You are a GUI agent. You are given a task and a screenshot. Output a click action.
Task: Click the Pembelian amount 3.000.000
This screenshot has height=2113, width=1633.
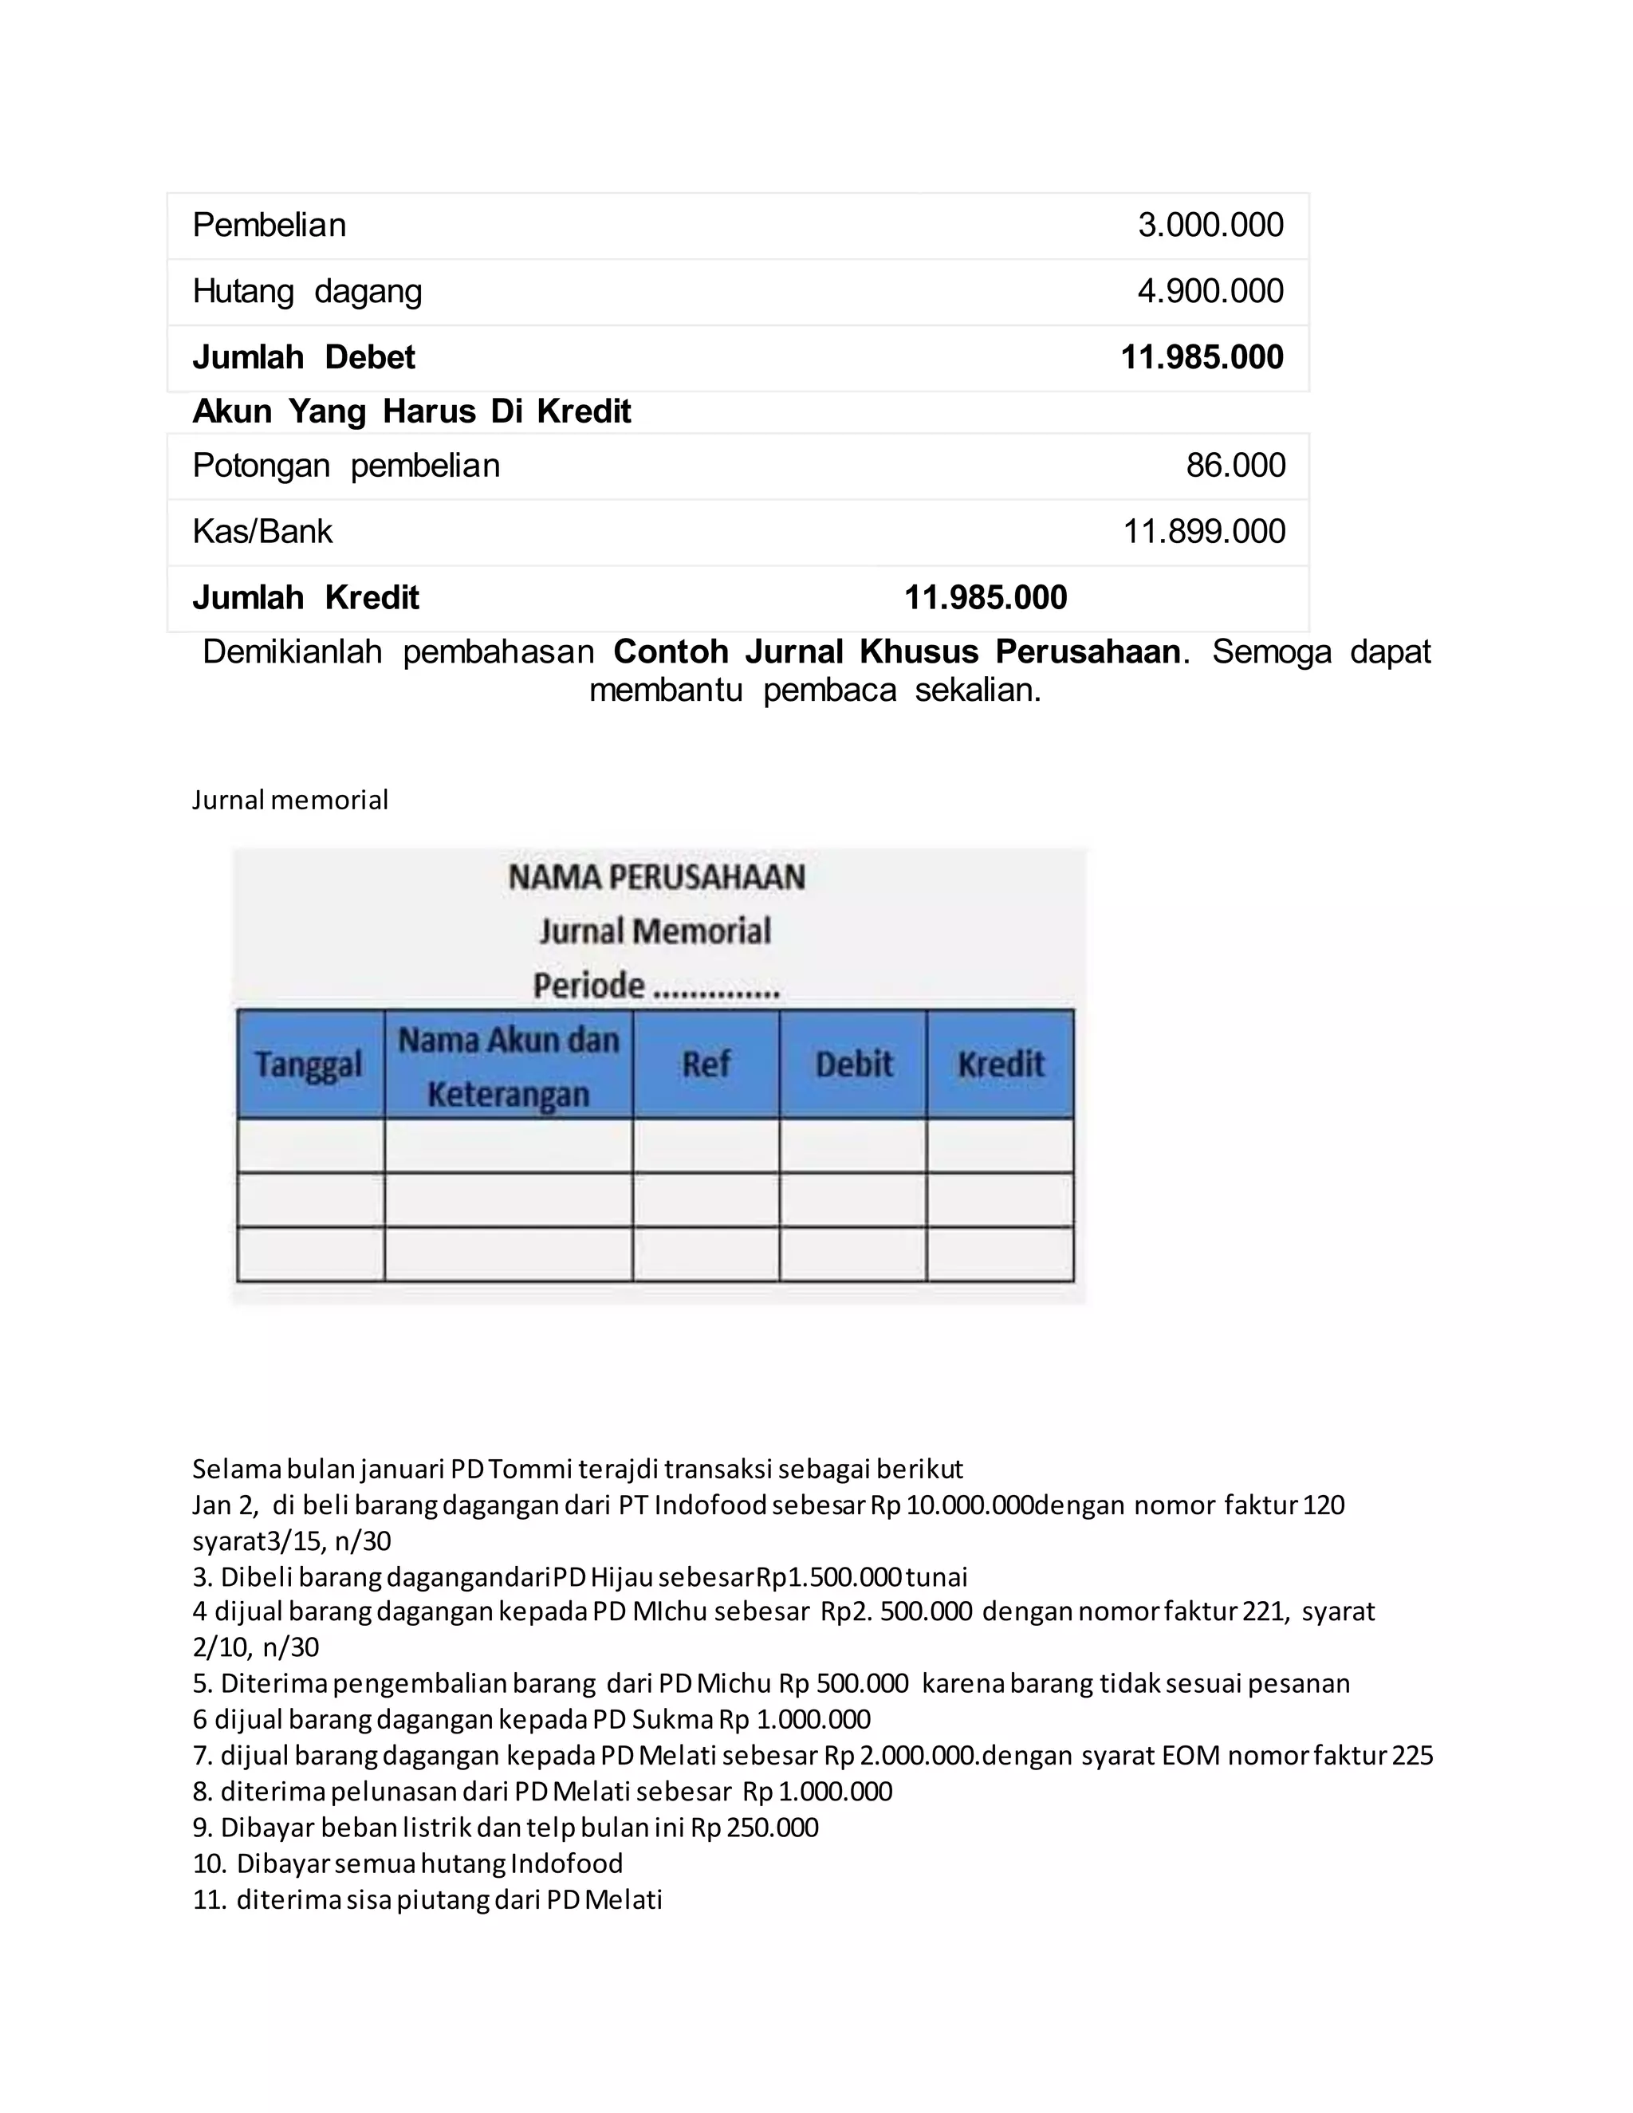tap(1210, 226)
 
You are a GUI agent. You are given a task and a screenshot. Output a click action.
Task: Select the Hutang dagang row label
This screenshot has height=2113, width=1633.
tap(307, 291)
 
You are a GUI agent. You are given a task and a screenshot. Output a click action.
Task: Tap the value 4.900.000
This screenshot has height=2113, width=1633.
tap(1210, 291)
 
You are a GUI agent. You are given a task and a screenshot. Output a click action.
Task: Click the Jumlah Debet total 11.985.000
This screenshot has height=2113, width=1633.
tap(1202, 357)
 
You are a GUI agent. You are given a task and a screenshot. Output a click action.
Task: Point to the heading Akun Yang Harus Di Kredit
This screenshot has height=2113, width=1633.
tap(411, 411)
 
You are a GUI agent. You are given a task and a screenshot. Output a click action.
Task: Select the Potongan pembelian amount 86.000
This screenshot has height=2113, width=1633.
tap(1235, 466)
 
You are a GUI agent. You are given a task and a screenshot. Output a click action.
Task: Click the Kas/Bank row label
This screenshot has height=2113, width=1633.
tap(262, 531)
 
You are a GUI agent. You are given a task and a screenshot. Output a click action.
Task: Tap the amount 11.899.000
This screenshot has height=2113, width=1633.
tap(1203, 531)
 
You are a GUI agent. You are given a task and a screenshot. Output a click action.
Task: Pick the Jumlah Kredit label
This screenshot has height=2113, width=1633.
tap(305, 598)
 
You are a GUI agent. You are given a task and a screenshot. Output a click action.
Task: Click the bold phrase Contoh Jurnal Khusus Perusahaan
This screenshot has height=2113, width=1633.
tap(895, 652)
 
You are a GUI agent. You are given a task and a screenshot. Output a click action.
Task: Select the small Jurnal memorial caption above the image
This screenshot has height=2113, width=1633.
tap(290, 800)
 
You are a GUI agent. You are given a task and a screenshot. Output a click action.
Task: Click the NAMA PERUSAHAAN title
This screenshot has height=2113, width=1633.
tap(656, 878)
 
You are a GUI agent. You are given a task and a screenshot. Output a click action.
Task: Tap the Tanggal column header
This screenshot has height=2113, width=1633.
tap(309, 1065)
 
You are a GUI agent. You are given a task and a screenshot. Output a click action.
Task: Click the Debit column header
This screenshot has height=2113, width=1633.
tap(853, 1064)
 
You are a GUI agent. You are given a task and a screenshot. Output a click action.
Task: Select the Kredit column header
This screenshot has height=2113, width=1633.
tap(1001, 1064)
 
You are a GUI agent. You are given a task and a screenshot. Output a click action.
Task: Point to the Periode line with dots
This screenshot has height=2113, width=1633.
tap(656, 986)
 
